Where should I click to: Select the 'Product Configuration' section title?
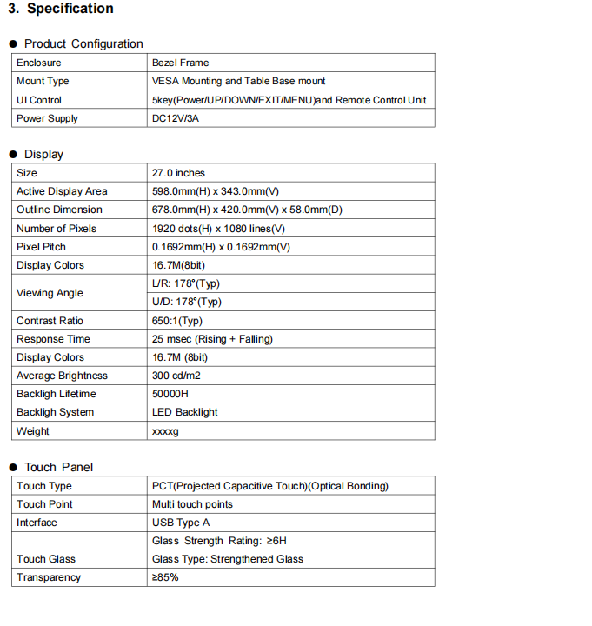83,43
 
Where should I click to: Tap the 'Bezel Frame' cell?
180,63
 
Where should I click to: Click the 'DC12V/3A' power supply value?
175,118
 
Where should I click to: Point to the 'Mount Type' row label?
43,81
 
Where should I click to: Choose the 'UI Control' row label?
39,100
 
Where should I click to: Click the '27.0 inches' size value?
178,173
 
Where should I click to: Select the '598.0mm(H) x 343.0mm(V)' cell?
215,191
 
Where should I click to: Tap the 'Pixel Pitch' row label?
41,247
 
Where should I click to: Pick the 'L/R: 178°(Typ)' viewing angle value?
186,283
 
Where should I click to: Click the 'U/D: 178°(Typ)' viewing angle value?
186,302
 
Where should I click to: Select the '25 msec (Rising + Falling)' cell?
212,339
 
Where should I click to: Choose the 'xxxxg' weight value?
165,431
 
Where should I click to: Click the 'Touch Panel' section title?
58,467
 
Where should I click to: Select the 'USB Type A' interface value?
181,523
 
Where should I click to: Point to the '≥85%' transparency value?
165,577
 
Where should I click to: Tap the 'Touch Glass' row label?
46,559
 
